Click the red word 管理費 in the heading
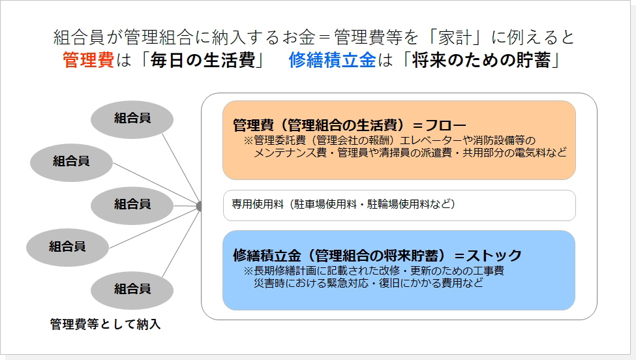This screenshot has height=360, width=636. [89, 61]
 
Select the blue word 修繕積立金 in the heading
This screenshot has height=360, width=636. [333, 61]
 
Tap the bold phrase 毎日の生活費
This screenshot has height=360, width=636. [203, 61]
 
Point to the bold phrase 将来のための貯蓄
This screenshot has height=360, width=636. [481, 61]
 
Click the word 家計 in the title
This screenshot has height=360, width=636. [454, 37]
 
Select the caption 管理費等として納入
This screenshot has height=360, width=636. [106, 324]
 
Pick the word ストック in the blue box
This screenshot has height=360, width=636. [494, 256]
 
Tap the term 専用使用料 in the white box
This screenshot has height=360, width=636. [258, 204]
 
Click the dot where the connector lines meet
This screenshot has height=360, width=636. [199, 206]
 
